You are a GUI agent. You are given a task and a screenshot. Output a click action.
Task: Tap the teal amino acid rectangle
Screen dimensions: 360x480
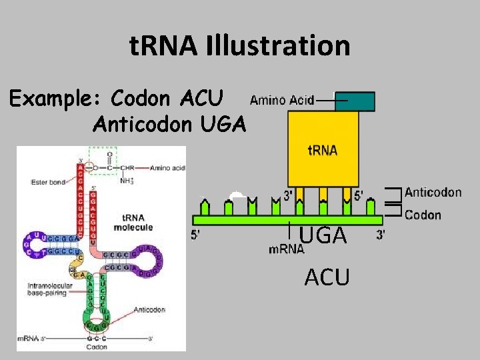(355, 101)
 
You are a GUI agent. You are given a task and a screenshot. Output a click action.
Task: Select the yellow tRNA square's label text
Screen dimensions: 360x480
(322, 150)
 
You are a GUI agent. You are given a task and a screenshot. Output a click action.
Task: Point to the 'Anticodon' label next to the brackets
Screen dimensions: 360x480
(433, 193)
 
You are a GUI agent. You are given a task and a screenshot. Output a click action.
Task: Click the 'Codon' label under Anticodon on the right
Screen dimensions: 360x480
(423, 215)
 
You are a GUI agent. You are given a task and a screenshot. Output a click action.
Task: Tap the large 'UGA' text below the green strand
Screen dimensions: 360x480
(323, 235)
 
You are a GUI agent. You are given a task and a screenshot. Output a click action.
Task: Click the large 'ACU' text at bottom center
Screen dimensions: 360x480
(327, 276)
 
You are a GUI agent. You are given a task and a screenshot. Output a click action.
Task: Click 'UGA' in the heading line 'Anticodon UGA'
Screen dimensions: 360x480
(223, 123)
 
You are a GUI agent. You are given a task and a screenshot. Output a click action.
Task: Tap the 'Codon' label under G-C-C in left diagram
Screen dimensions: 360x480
(97, 347)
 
